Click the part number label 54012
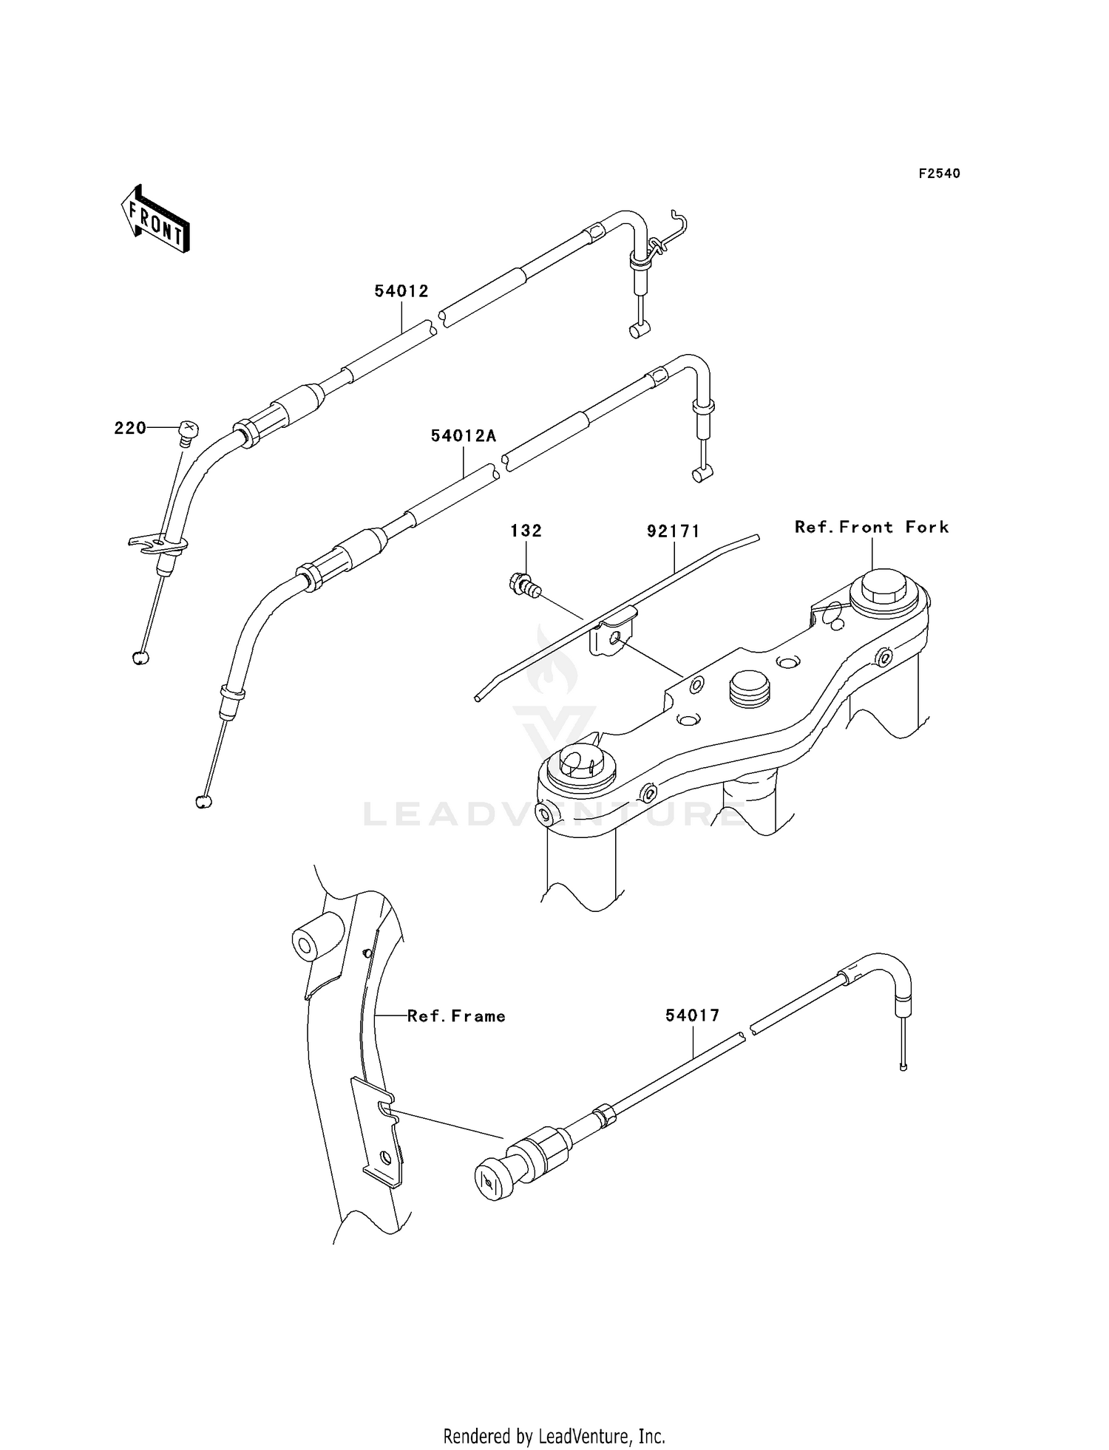click(401, 291)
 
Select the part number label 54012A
click(464, 437)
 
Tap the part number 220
click(129, 428)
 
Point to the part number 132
click(526, 531)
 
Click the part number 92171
click(673, 531)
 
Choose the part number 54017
click(692, 1016)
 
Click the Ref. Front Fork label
click(872, 528)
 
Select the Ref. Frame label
click(456, 1016)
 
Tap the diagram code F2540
click(939, 174)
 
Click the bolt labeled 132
click(525, 586)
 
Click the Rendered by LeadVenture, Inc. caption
click(554, 1415)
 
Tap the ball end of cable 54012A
click(203, 801)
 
